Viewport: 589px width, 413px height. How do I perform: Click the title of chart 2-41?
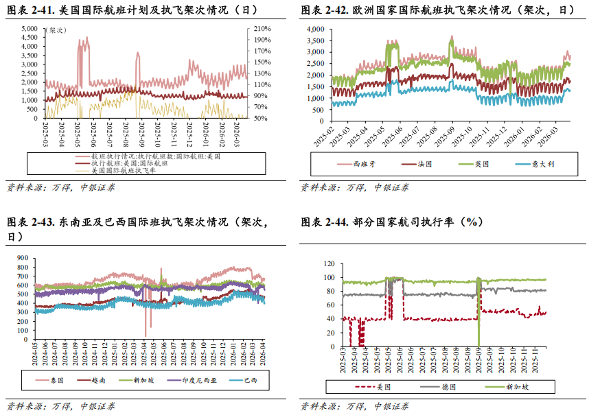pos(131,10)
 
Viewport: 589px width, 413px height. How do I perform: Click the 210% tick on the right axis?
pos(262,29)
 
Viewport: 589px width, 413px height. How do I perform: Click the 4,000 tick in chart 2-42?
pos(314,29)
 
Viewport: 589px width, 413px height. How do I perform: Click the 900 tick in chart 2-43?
pos(22,259)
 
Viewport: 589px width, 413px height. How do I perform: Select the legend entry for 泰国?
pos(57,380)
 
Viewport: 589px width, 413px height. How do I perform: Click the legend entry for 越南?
pos(100,380)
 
